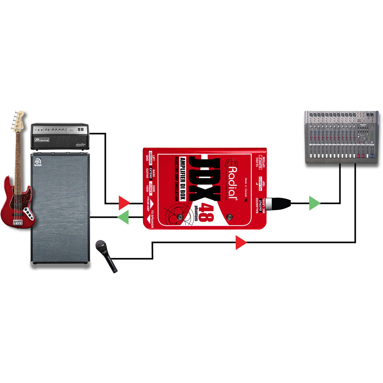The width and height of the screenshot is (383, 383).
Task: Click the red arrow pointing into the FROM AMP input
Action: click(124, 203)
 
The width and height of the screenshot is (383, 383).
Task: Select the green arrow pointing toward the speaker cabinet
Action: click(124, 217)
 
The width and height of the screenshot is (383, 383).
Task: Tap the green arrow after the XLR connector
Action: click(314, 203)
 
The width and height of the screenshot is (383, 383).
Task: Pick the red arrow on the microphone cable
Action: click(241, 242)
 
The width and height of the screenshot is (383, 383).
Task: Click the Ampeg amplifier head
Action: click(60, 136)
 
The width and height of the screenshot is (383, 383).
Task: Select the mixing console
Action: click(342, 138)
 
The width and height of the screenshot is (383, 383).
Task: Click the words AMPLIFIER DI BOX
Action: click(183, 179)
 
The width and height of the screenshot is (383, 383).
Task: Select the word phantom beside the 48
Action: click(196, 213)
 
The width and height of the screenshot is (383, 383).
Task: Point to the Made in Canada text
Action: click(246, 187)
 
